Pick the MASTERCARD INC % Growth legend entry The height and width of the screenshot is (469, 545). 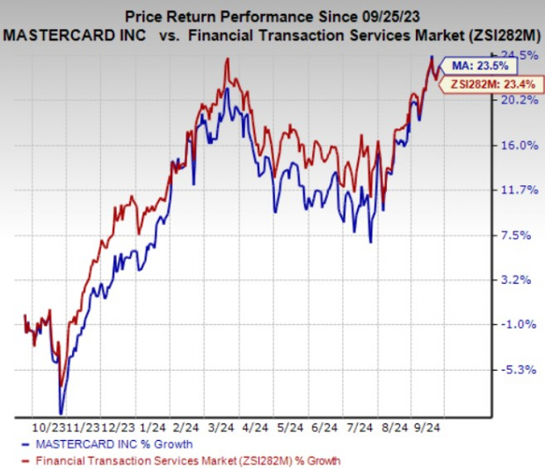coord(109,444)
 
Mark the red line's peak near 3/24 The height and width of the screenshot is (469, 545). coord(228,59)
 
